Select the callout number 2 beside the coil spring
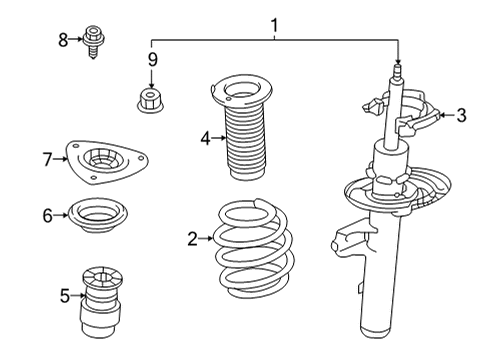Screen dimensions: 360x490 point(192,238)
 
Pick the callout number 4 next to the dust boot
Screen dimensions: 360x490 point(205,139)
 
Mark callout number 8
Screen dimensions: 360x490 point(63,40)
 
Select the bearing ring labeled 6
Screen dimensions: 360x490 point(96,215)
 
